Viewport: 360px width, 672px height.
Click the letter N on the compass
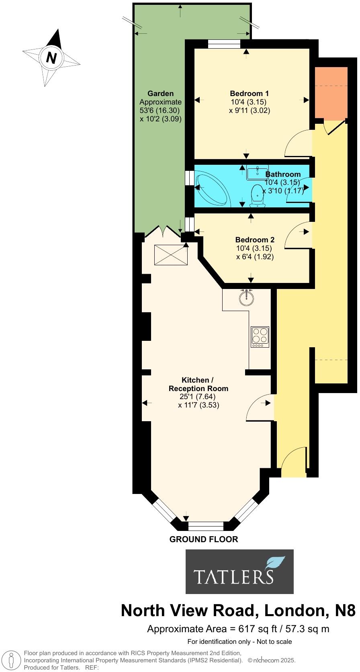click(51, 58)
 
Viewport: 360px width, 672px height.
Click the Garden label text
click(160, 94)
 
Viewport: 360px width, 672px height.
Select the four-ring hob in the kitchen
click(260, 337)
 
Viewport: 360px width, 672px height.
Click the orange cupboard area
click(331, 93)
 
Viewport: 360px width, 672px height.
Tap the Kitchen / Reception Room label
click(198, 385)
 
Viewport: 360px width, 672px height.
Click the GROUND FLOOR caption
click(204, 539)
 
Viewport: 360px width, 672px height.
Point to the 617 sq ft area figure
click(258, 629)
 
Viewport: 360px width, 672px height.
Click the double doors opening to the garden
click(164, 232)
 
